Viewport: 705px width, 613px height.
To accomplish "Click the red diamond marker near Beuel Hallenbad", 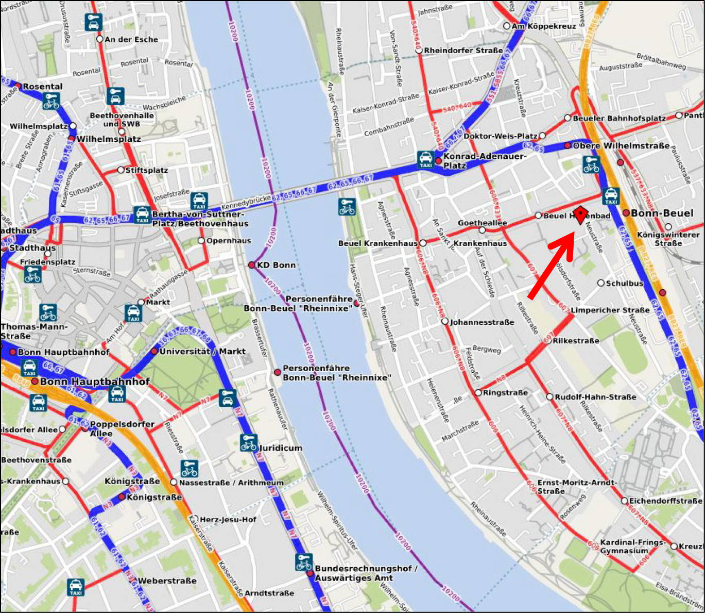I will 581,214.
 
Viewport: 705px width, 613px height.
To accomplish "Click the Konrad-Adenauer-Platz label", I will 484,160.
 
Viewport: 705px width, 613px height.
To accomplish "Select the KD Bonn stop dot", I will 252,265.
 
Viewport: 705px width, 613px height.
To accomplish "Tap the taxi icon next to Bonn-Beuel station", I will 611,196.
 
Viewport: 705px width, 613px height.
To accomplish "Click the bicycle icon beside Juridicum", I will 249,443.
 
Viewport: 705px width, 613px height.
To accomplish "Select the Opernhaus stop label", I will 228,241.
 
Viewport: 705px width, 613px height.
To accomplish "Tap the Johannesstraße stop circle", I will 445,322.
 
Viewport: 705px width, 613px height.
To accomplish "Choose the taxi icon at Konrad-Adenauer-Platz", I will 425,160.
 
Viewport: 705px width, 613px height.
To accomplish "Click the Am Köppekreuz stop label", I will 543,26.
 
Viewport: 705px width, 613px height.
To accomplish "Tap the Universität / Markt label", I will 202,351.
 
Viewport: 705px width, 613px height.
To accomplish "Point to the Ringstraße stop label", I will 505,393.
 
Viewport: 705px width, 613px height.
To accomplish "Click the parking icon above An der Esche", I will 93,22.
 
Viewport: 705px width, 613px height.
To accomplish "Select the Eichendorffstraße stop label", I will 665,501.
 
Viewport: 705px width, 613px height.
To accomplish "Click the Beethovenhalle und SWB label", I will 122,120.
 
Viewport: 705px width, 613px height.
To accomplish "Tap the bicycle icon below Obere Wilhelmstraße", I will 591,164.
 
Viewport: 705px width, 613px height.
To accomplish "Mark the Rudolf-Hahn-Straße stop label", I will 595,397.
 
